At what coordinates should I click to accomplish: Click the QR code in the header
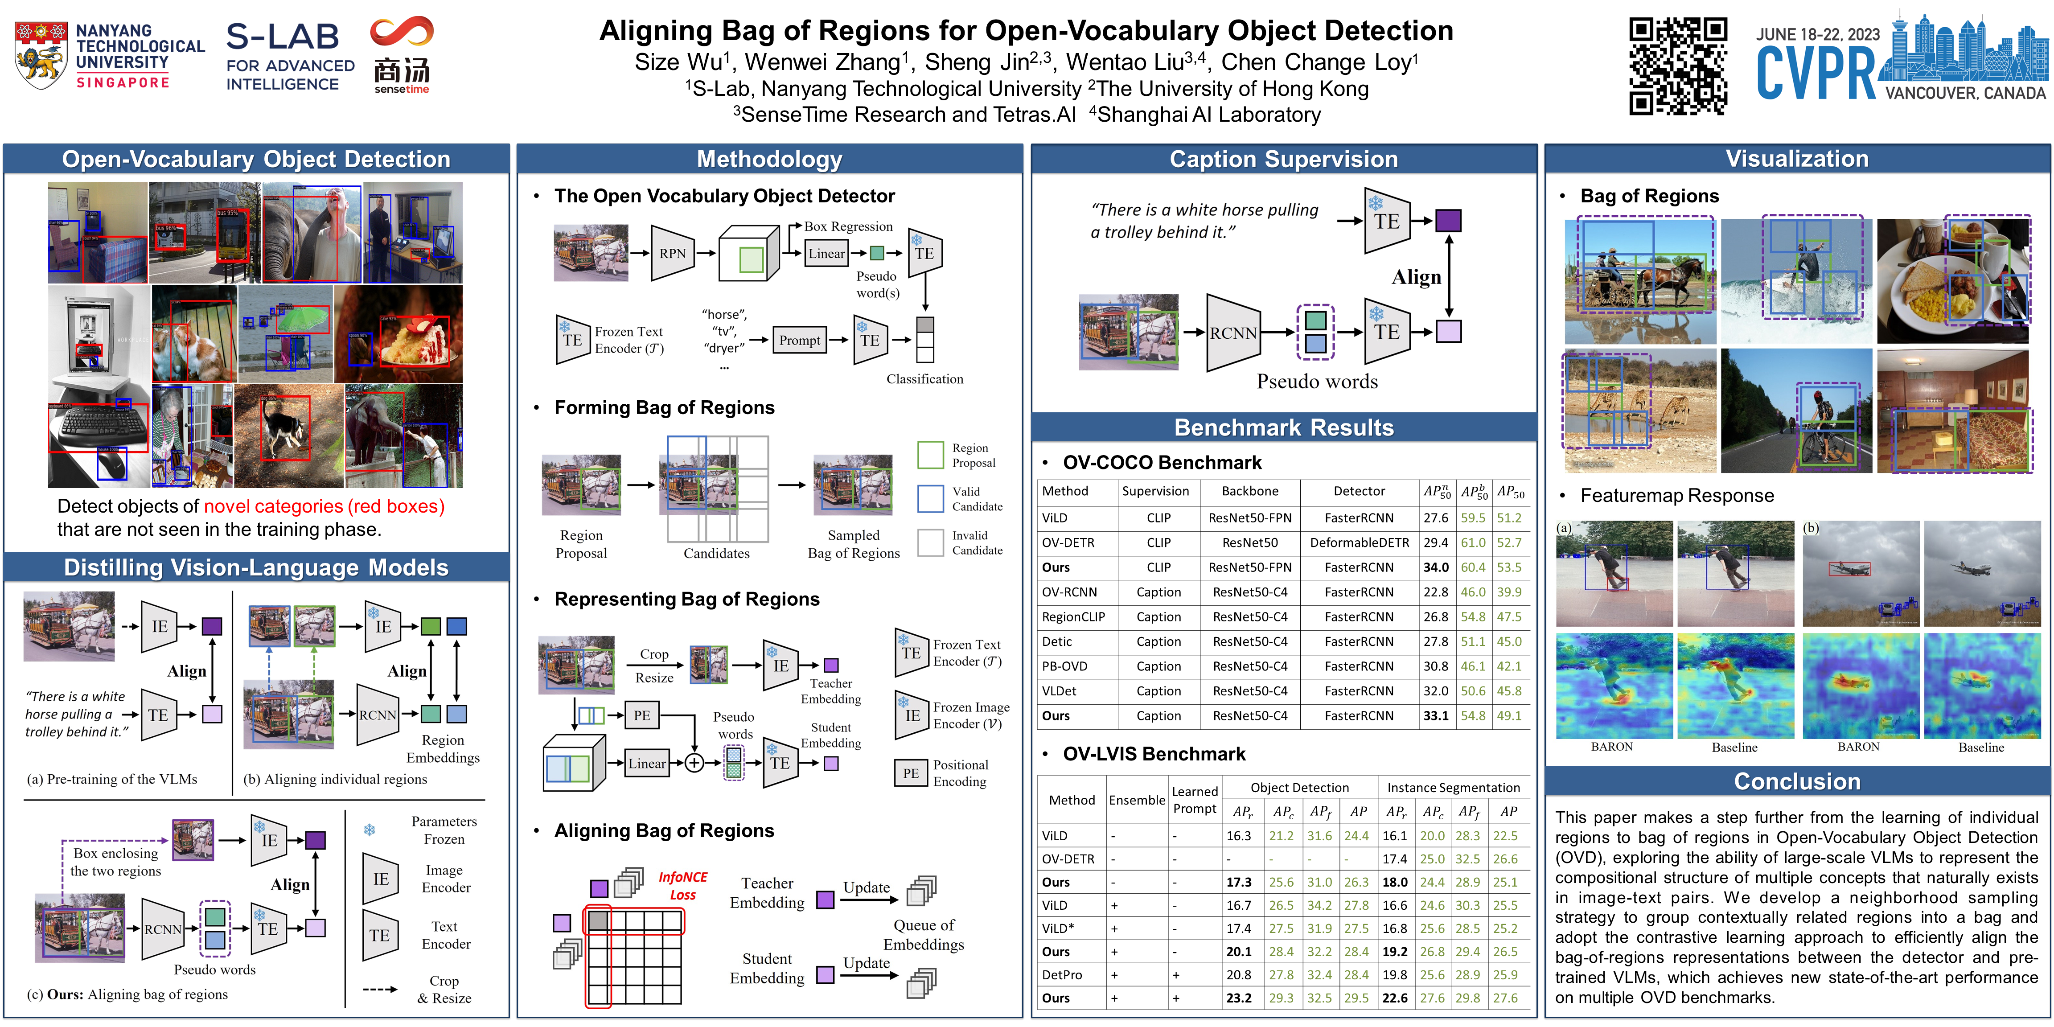click(x=1678, y=66)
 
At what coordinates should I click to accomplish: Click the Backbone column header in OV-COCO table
click(x=1249, y=491)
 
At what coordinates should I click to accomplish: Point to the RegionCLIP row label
click(x=1073, y=616)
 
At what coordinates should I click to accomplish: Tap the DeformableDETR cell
click(x=1359, y=542)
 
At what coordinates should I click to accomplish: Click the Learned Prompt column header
click(x=1195, y=800)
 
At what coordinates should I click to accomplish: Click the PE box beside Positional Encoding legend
click(x=911, y=772)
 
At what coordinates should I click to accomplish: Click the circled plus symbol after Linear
click(x=694, y=763)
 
